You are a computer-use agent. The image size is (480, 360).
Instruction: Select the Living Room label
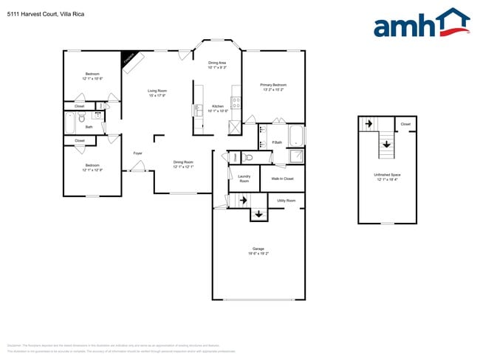tap(157, 91)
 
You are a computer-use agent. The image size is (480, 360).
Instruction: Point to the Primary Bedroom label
tap(273, 85)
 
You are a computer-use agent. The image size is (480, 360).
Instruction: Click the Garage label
tap(258, 249)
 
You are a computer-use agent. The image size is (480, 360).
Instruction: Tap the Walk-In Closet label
tap(282, 179)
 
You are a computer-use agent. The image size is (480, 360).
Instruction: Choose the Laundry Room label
tap(244, 178)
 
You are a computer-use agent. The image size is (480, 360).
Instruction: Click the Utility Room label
tap(286, 201)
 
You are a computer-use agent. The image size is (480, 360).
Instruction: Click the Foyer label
tap(137, 153)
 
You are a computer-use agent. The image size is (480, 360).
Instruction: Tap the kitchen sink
tap(198, 110)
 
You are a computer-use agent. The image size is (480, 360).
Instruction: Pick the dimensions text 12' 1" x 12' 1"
tap(183, 167)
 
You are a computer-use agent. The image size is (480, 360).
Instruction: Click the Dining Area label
tap(217, 63)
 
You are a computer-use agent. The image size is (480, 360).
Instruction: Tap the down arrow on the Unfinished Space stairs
tap(387, 144)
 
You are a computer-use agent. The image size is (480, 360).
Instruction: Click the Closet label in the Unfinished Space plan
tap(405, 124)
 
